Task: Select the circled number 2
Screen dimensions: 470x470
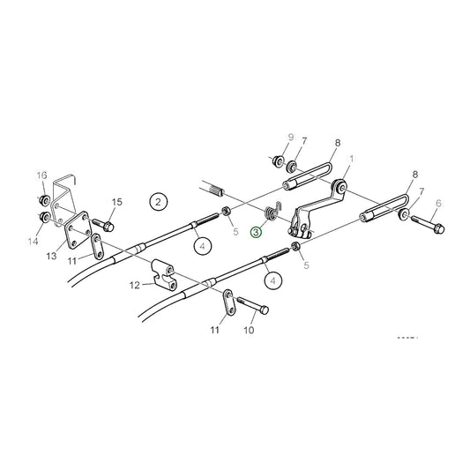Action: pos(158,202)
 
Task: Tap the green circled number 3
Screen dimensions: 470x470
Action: pos(256,233)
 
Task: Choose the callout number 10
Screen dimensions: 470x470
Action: pos(249,331)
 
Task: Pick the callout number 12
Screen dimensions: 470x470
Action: pos(134,285)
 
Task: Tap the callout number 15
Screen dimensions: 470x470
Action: pos(117,202)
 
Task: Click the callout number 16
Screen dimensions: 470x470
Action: pos(41,176)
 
